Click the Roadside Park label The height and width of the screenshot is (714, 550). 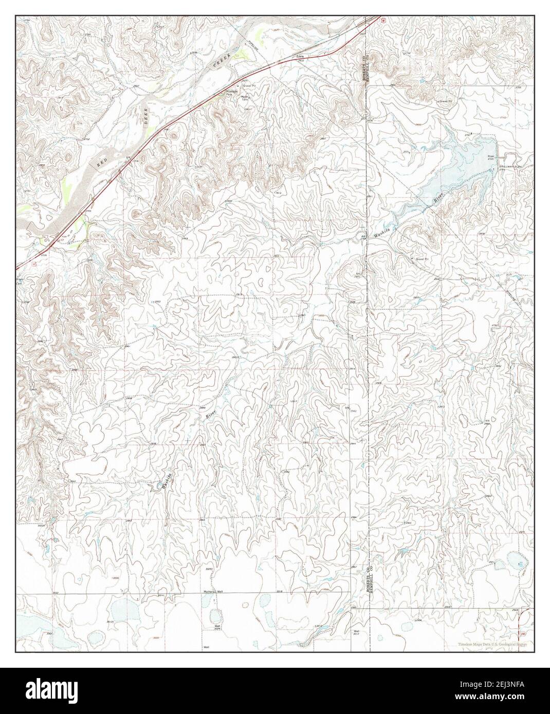[x=233, y=95]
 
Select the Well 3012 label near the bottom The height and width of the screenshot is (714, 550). [x=356, y=633]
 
